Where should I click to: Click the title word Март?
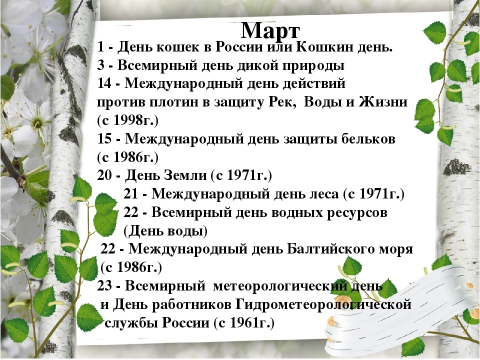[x=270, y=29]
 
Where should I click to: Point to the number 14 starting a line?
[x=105, y=83]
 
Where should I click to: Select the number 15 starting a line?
[x=105, y=139]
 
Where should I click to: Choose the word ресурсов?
[x=355, y=212]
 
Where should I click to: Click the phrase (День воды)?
[x=165, y=230]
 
